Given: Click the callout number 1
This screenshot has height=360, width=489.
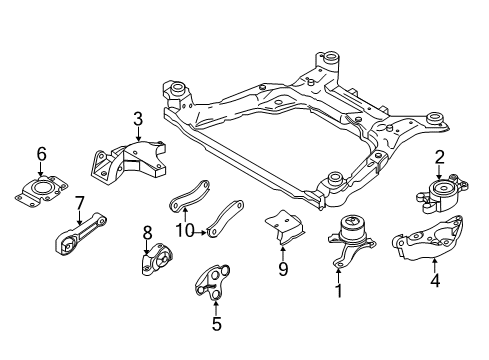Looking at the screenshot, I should point(338,291).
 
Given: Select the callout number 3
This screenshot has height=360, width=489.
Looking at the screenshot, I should point(138,120).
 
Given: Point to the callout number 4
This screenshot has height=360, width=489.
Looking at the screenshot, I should point(435,265).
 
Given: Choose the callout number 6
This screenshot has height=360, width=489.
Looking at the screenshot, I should point(41,153).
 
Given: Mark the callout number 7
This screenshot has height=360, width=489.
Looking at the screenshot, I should point(78,203).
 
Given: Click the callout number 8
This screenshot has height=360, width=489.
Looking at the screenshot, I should point(147,233).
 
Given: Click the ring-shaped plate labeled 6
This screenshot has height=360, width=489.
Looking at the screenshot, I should point(42,190).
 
